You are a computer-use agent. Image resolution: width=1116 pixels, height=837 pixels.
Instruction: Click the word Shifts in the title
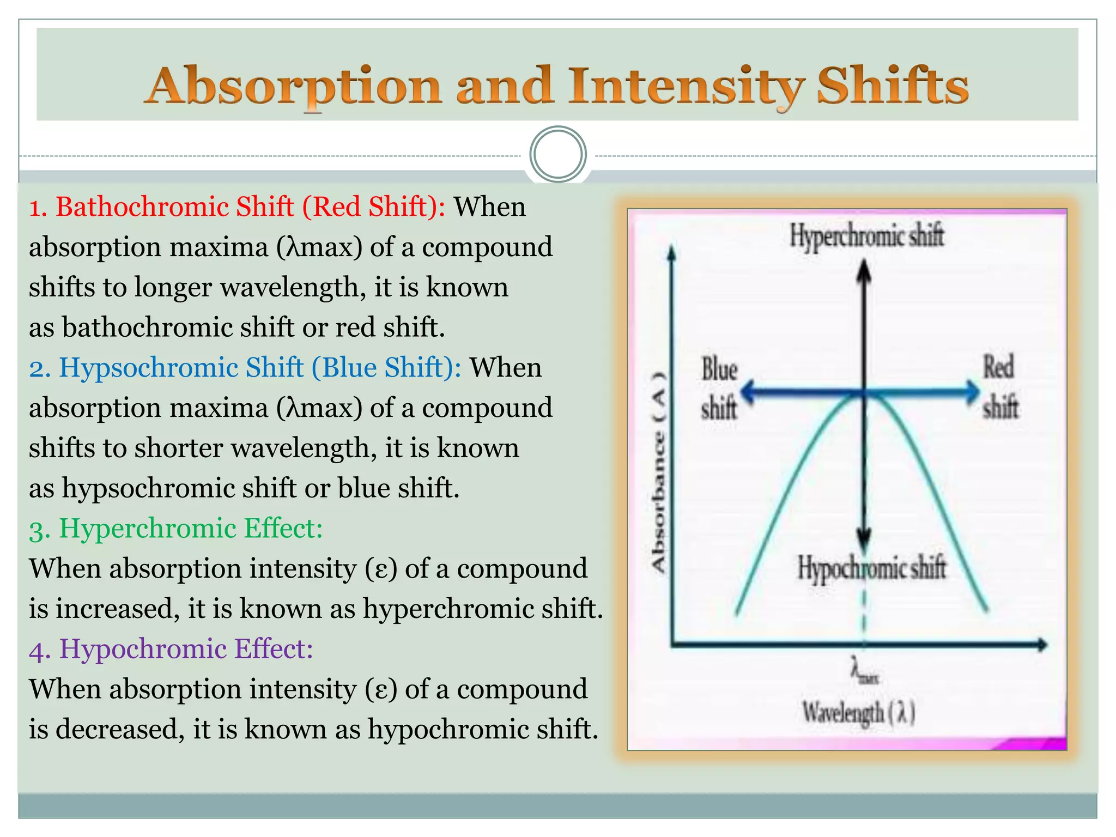tap(892, 86)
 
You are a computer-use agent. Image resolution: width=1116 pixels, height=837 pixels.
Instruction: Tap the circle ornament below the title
tap(557, 154)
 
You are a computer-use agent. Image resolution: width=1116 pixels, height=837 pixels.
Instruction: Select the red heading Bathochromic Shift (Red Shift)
tap(238, 207)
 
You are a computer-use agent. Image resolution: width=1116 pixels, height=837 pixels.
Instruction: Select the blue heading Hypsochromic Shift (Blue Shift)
tap(245, 368)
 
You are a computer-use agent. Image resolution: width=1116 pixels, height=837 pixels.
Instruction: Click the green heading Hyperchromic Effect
tap(176, 529)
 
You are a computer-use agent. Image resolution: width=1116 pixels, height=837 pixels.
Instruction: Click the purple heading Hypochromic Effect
tap(171, 649)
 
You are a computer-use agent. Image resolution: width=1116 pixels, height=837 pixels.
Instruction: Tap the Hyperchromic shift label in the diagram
tap(866, 236)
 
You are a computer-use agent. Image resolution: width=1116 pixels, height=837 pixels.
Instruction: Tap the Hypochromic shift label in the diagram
tap(871, 568)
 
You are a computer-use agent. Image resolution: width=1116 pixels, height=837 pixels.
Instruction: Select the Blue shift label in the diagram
tap(719, 388)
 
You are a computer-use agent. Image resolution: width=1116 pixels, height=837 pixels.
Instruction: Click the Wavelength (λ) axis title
tap(858, 712)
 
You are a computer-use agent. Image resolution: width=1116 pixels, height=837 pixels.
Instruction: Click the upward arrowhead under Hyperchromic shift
tap(864, 271)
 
